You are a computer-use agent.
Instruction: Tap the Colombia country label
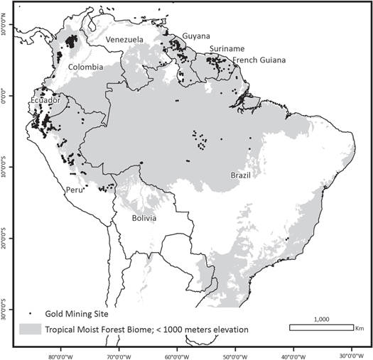coord(86,67)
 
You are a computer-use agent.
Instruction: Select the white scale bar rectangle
coord(323,327)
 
